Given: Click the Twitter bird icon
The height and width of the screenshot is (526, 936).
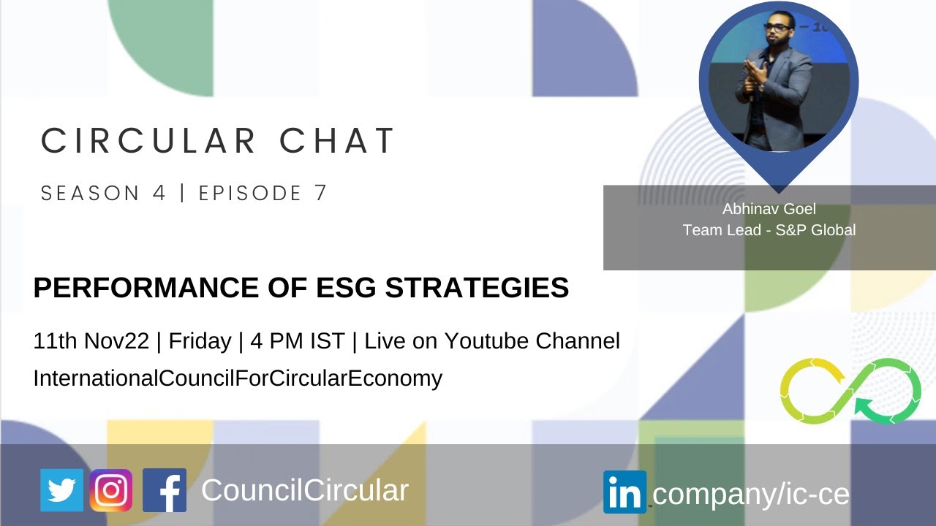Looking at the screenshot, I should (x=61, y=490).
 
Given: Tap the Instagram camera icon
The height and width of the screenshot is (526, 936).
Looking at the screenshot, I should (x=111, y=490).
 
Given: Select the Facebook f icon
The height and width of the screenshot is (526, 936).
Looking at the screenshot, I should (x=165, y=490).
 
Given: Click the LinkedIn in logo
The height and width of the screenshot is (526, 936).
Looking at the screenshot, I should (x=624, y=492).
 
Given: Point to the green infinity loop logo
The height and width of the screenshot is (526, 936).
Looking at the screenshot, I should (x=850, y=391).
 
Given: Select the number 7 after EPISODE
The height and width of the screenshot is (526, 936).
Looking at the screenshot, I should (x=320, y=194).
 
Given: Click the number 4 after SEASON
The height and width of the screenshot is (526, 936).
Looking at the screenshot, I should (x=159, y=194).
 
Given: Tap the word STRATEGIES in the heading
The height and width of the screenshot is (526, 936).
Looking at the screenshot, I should (x=477, y=289).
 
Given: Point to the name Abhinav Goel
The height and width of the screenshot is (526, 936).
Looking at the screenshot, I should (x=769, y=209).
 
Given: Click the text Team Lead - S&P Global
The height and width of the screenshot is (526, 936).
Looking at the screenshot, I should (x=769, y=229).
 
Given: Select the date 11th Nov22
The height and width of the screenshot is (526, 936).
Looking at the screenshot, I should (x=91, y=341).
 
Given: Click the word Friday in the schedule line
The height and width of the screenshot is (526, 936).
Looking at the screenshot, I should (x=199, y=341).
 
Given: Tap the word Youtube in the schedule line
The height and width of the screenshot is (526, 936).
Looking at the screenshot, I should (x=487, y=341).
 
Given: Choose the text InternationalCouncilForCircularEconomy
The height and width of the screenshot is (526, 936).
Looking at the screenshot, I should (x=238, y=378).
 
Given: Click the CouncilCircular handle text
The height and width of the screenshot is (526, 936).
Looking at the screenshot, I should (x=304, y=490).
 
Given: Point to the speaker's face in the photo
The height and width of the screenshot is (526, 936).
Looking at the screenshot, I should (x=777, y=33).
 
